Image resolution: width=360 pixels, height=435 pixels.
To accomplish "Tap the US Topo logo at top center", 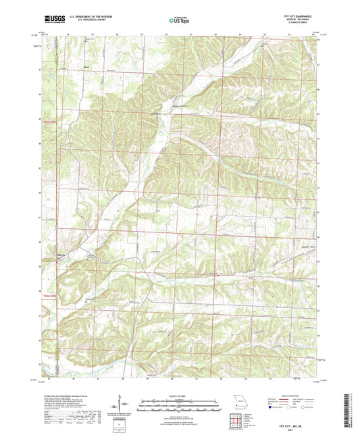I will coord(178,21).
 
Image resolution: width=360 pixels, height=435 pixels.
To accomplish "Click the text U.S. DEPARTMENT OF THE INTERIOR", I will coord(91,18).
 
